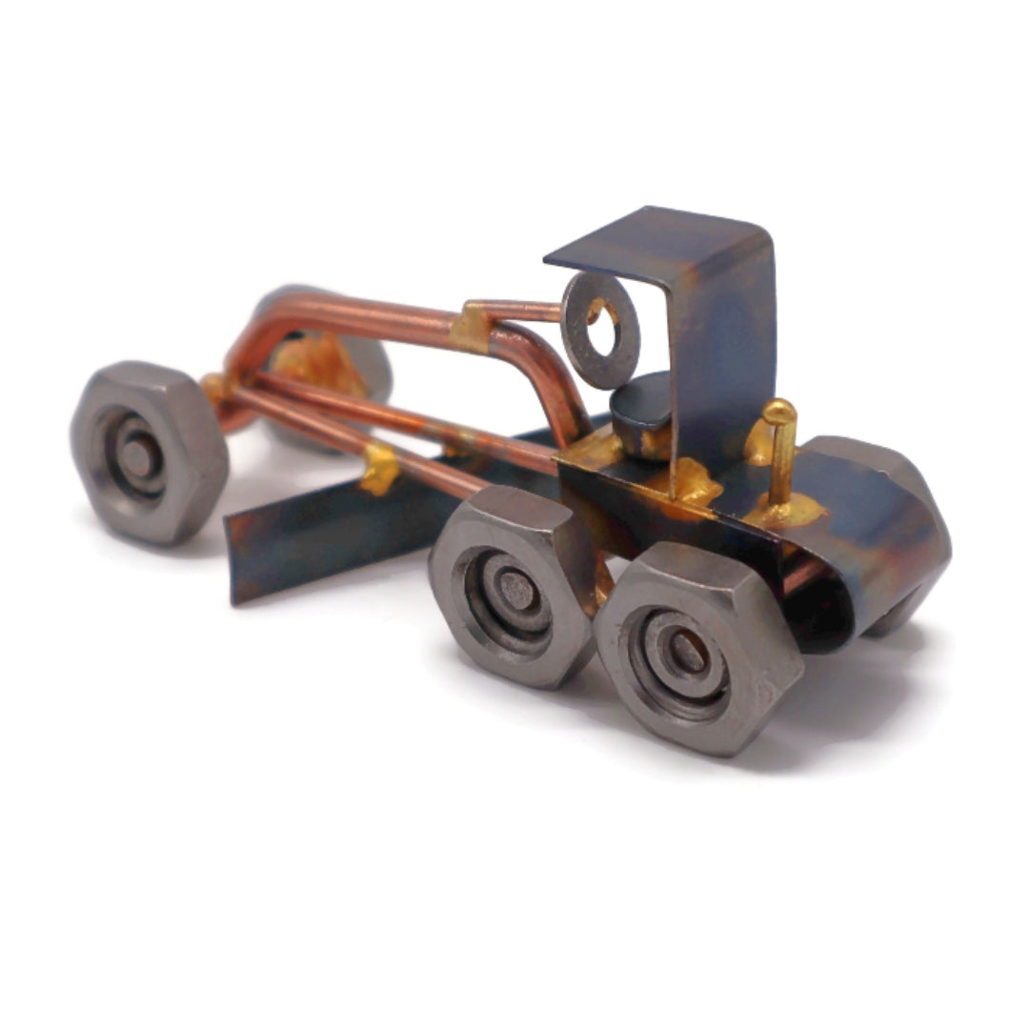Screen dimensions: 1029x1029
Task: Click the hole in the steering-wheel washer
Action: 602,325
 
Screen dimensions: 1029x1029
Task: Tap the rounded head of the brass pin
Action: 778,412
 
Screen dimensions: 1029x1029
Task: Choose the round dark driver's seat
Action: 640,403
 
